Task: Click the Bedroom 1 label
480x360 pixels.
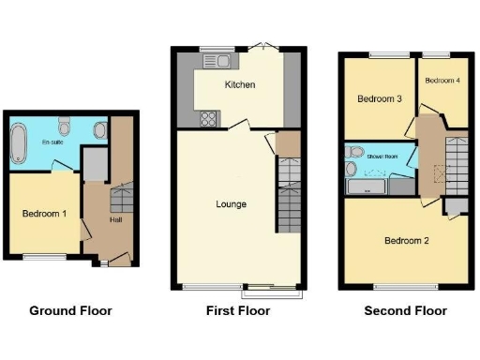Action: pos(44,214)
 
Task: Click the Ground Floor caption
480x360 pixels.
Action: pos(70,311)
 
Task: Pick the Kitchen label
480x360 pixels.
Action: pos(240,85)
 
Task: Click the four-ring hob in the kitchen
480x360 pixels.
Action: pos(208,120)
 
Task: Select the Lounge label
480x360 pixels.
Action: pos(231,203)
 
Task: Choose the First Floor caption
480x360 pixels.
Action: pos(238,311)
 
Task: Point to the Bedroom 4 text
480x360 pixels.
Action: pos(442,81)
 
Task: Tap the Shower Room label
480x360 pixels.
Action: pos(382,157)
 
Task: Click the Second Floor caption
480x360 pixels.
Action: pos(406,311)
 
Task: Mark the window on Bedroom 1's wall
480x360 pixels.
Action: pos(39,256)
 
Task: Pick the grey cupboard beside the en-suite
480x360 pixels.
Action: pos(94,165)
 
